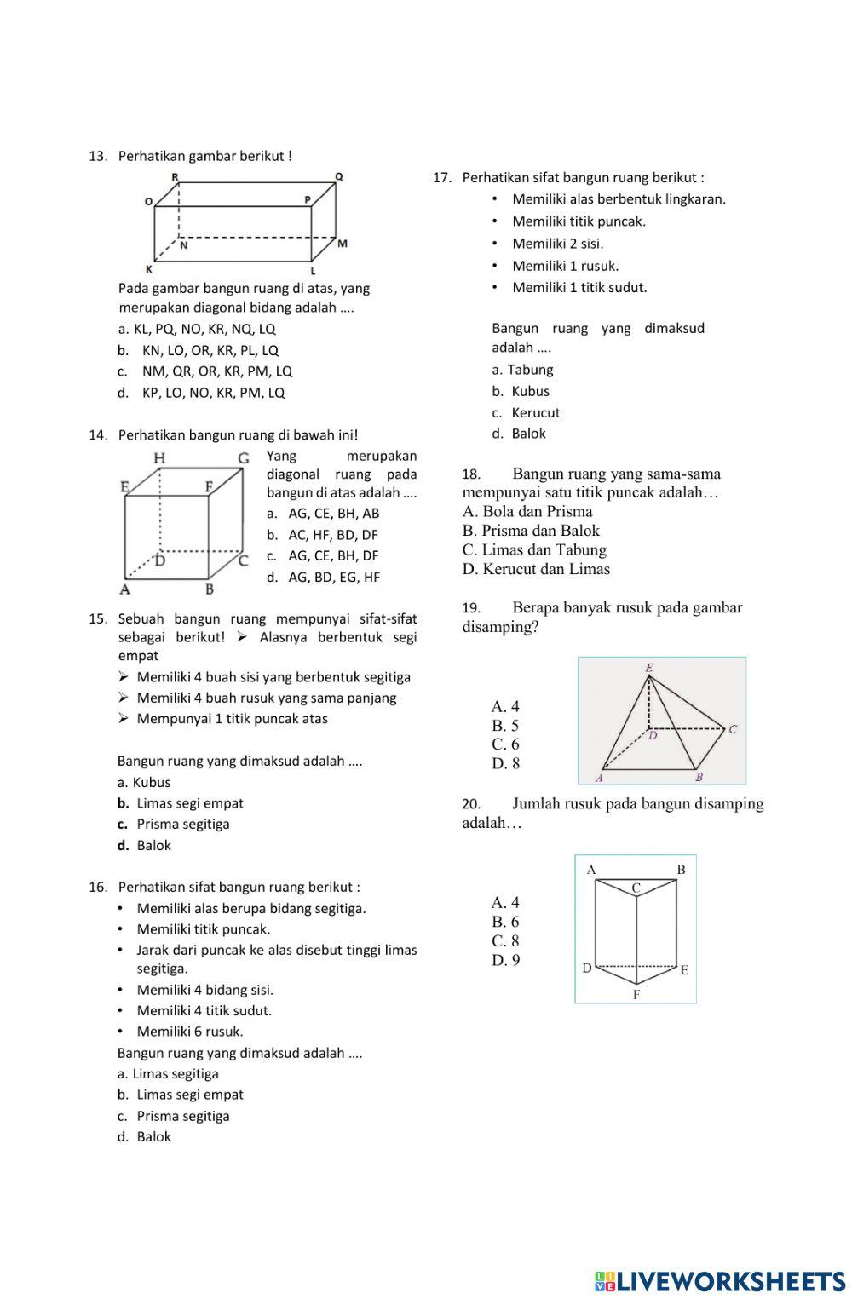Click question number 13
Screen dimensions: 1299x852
pos(97,156)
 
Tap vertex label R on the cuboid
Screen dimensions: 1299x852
pos(175,176)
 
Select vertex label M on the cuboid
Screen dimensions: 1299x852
pos(343,244)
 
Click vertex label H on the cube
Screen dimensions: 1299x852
pos(159,459)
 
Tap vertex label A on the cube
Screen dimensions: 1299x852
pos(125,589)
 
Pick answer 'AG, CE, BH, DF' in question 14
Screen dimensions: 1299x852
pos(323,555)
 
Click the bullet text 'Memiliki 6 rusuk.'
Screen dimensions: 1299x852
pos(189,1032)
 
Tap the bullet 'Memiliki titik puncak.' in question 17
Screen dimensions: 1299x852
pos(579,221)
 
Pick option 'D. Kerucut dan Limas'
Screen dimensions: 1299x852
pos(536,569)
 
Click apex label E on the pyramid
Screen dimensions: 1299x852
pos(649,668)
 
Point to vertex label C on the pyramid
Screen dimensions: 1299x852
pos(732,729)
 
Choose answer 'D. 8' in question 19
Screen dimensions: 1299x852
pos(505,763)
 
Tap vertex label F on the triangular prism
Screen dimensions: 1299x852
pos(636,994)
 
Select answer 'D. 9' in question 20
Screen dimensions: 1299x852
pos(505,960)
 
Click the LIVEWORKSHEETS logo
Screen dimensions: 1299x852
pos(720,1281)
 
